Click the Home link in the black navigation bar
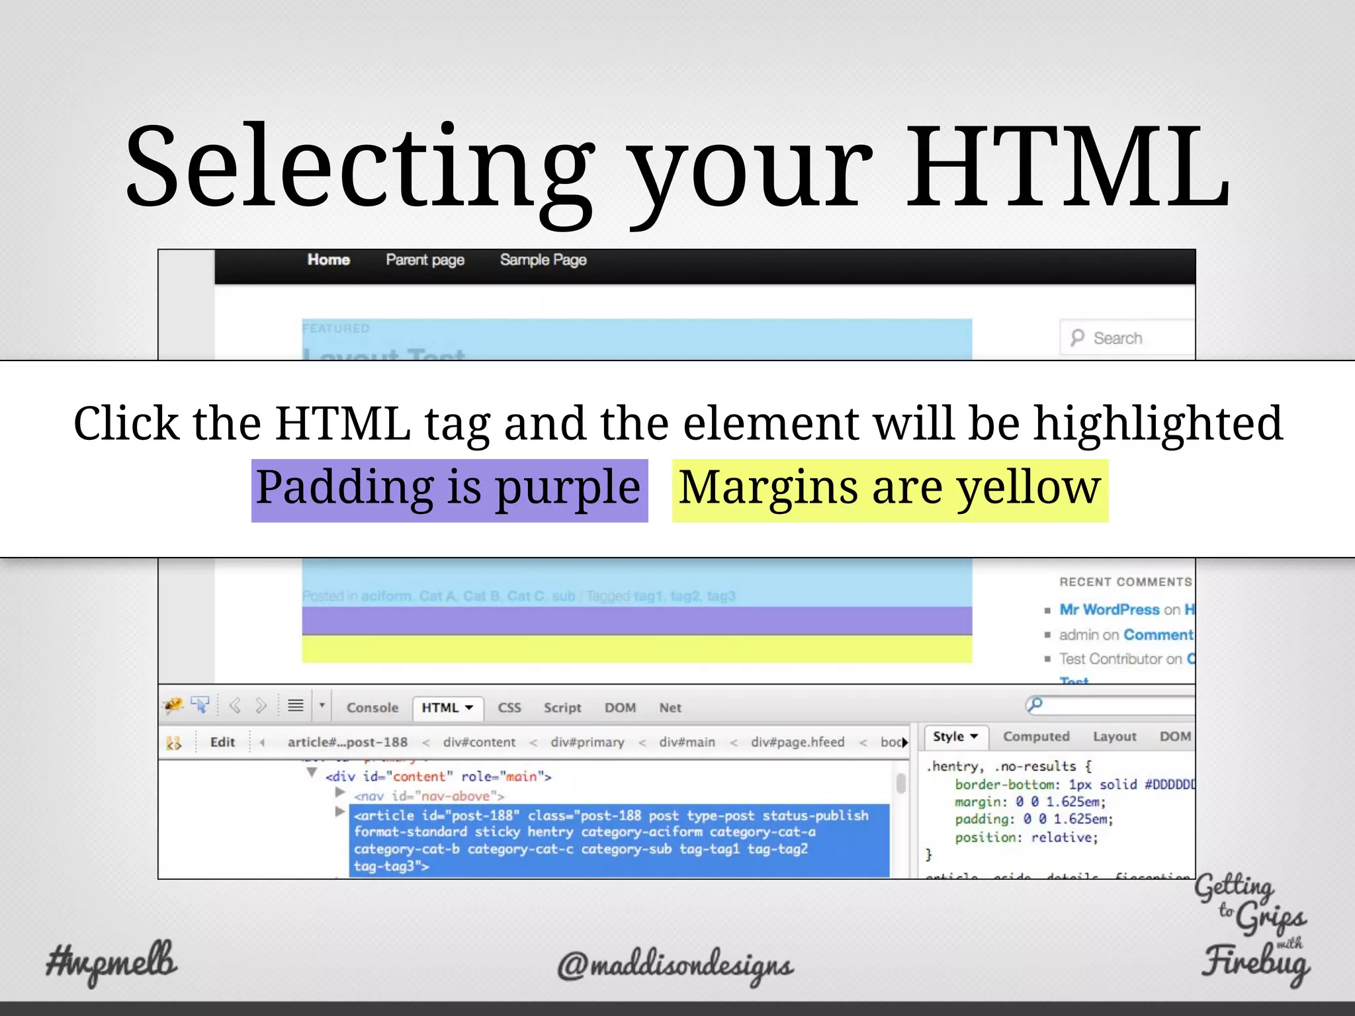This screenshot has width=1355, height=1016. point(328,260)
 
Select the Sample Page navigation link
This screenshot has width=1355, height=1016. point(543,260)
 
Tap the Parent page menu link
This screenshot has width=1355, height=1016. point(425,260)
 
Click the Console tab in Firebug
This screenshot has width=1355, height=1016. point(372,708)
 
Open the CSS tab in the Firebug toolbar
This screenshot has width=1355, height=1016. point(509,708)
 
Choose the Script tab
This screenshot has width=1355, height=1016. point(562,708)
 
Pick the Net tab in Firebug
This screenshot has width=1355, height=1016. point(670,708)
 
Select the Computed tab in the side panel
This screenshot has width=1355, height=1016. point(1036,737)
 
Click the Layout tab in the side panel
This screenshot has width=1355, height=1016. point(1114,737)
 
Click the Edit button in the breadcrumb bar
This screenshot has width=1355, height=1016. point(222,742)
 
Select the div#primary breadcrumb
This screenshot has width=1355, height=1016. point(588,742)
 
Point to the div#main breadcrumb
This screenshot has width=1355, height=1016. point(687,742)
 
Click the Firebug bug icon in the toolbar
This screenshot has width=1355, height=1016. point(174,706)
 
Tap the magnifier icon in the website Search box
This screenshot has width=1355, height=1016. point(1077,337)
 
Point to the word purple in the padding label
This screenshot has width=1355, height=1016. point(568,488)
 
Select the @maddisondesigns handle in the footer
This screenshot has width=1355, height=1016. point(675,966)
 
